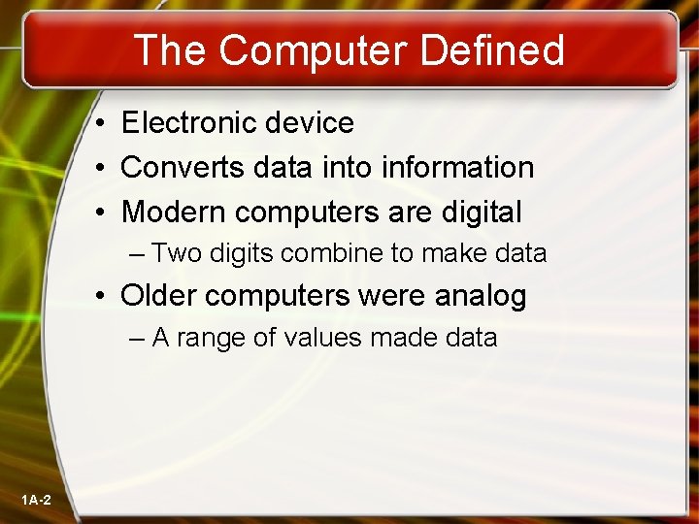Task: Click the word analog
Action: [482, 295]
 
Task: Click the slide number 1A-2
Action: [36, 500]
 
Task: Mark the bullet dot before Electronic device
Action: [101, 124]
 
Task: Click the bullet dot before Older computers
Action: [101, 296]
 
